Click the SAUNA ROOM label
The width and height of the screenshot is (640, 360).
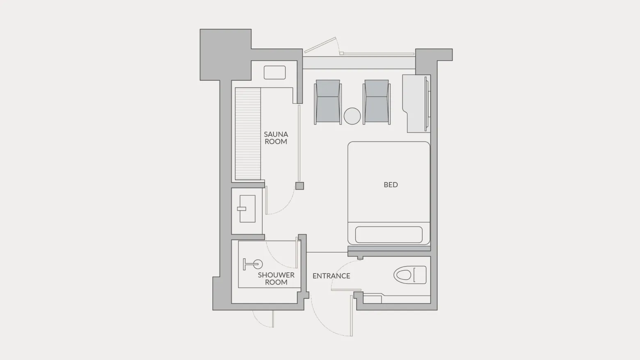pyautogui.click(x=276, y=138)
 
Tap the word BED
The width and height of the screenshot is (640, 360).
pyautogui.click(x=391, y=185)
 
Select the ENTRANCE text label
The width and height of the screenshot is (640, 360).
pyautogui.click(x=331, y=276)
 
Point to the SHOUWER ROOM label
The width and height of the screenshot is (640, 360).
pyautogui.click(x=276, y=279)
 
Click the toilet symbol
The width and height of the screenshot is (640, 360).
pyautogui.click(x=410, y=275)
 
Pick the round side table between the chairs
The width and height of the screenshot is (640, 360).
pyautogui.click(x=352, y=116)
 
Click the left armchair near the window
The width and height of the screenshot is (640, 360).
pyautogui.click(x=328, y=102)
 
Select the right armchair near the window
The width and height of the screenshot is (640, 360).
pyautogui.click(x=377, y=102)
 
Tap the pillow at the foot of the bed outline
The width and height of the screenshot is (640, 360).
pyautogui.click(x=389, y=235)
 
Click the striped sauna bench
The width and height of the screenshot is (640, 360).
pyautogui.click(x=248, y=134)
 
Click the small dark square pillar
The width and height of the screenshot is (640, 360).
pyautogui.click(x=299, y=186)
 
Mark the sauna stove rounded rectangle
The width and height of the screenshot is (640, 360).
pyautogui.click(x=274, y=73)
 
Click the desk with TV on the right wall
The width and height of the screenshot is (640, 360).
pyautogui.click(x=416, y=103)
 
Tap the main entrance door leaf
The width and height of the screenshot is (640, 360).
pyautogui.click(x=352, y=316)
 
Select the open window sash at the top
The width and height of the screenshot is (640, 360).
pyautogui.click(x=320, y=45)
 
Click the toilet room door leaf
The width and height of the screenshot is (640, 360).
pyautogui.click(x=346, y=290)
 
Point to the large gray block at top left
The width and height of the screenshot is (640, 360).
pyautogui.click(x=225, y=55)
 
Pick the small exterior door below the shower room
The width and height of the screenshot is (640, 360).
pyautogui.click(x=273, y=319)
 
